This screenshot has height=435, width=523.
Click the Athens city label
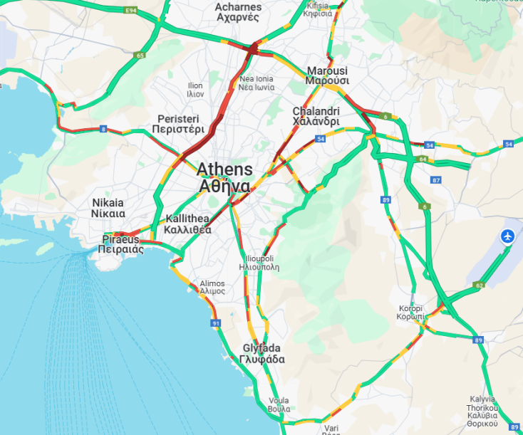point(224,177)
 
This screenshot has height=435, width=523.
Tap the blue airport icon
point(508,236)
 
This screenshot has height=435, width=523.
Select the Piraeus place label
point(122,244)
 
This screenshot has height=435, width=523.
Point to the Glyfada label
point(261,354)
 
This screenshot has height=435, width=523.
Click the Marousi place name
point(327,75)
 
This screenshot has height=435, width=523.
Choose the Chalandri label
point(316,116)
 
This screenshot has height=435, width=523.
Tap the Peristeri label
point(178,124)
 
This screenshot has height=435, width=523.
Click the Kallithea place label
point(187,224)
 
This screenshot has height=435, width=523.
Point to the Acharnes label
point(238,12)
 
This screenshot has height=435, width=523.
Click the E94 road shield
point(130,10)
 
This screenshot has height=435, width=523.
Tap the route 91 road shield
point(216,323)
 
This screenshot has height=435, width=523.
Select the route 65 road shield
point(140,55)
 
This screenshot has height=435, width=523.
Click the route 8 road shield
point(103,129)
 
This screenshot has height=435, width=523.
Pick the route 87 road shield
point(436,179)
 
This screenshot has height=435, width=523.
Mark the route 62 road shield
point(480,285)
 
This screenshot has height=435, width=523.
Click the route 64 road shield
point(423,159)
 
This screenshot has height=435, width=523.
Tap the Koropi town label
point(411,312)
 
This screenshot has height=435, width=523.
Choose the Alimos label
point(212,287)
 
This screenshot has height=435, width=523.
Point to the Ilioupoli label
point(259,263)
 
